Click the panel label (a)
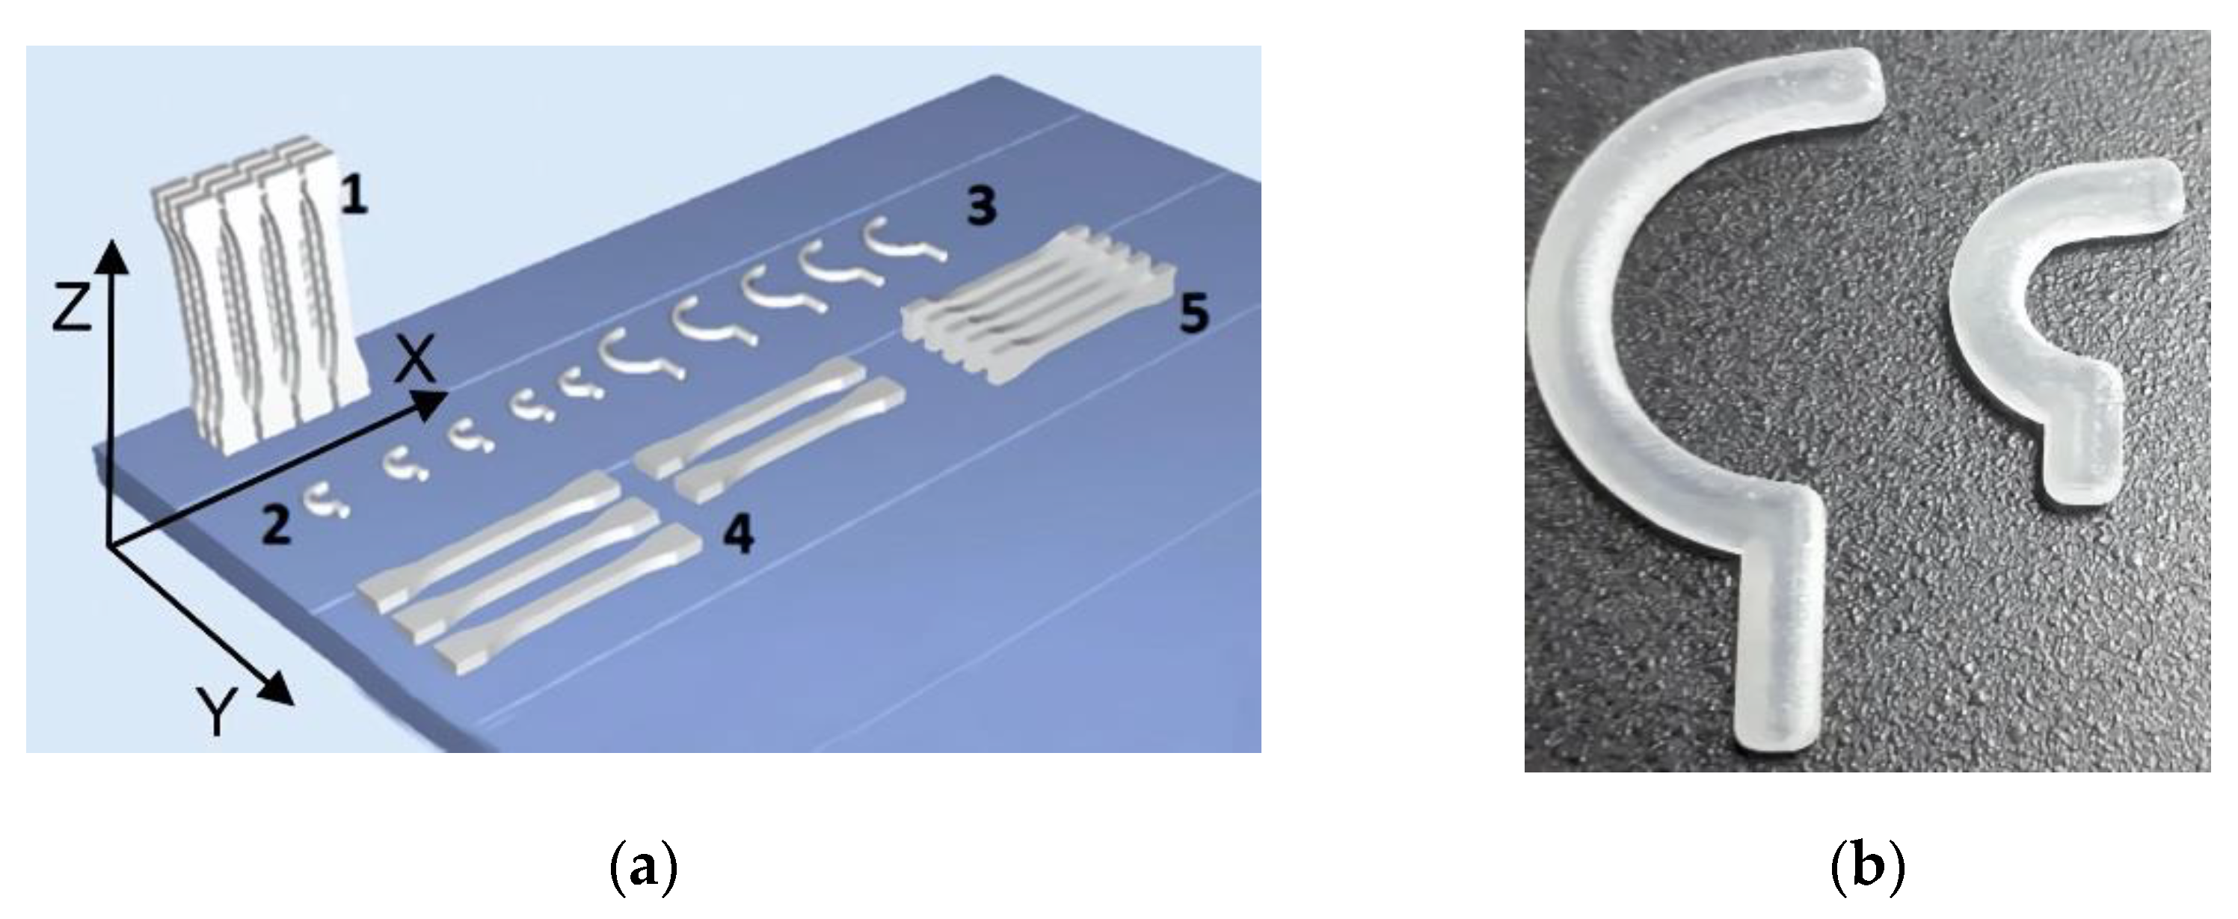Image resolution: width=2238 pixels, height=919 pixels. tap(643, 869)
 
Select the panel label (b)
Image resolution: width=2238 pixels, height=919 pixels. tap(1867, 869)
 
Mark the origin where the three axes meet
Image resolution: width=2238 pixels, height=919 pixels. tap(108, 546)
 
